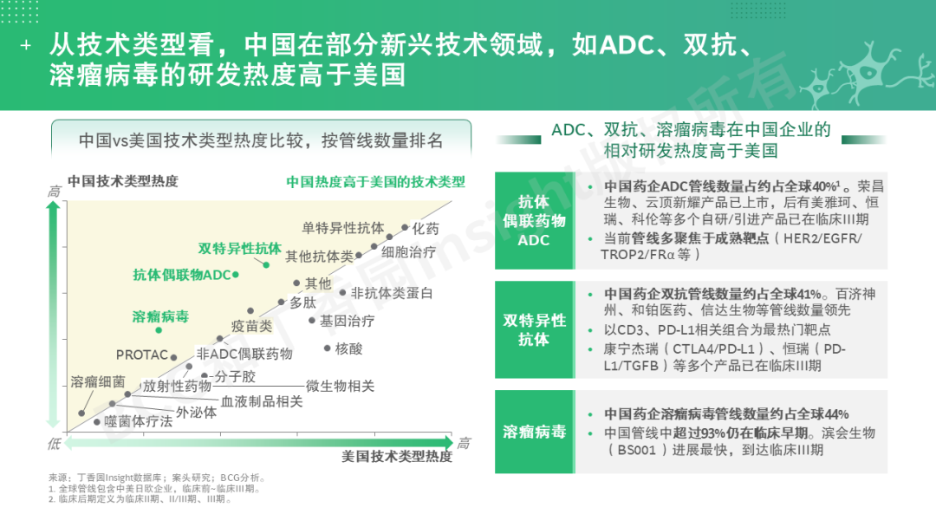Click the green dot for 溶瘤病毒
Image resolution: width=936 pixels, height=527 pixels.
point(159,330)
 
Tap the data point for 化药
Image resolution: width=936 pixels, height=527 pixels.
point(405,227)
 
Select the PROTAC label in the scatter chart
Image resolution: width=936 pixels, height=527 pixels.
point(142,355)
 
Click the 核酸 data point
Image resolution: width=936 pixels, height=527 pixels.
point(327,348)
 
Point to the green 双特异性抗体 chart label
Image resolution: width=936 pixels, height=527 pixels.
point(239,248)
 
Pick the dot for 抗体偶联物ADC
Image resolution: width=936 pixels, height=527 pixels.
point(236,275)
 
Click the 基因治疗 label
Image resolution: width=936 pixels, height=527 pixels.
point(348,321)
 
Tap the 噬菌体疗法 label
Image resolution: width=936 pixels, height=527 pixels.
point(139,421)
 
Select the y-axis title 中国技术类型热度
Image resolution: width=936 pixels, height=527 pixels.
point(123,181)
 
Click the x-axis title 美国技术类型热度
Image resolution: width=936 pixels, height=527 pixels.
point(397,457)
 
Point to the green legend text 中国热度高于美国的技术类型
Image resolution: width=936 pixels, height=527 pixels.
point(375,182)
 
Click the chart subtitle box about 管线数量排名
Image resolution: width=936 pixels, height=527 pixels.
point(262,140)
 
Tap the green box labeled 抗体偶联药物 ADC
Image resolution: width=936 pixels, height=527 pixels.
point(534,221)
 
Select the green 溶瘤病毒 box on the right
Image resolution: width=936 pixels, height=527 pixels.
point(534,432)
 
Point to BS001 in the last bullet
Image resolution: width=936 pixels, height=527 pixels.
point(637,450)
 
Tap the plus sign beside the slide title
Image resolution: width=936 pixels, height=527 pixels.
point(26,45)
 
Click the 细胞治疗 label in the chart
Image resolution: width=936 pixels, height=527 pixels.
point(409,252)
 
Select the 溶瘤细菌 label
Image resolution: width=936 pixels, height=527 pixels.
point(98,382)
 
